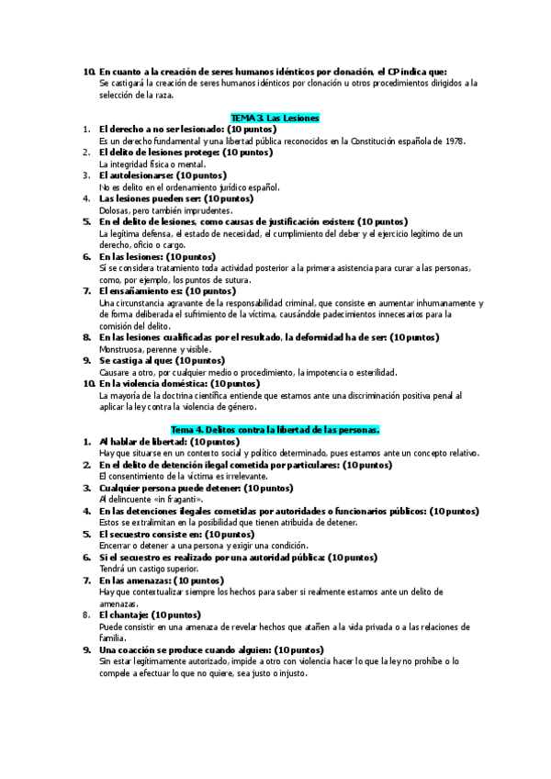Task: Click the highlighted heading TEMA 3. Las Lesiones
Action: (x=274, y=119)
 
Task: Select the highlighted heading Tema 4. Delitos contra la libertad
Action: (x=275, y=429)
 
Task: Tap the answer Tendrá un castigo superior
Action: (x=151, y=569)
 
